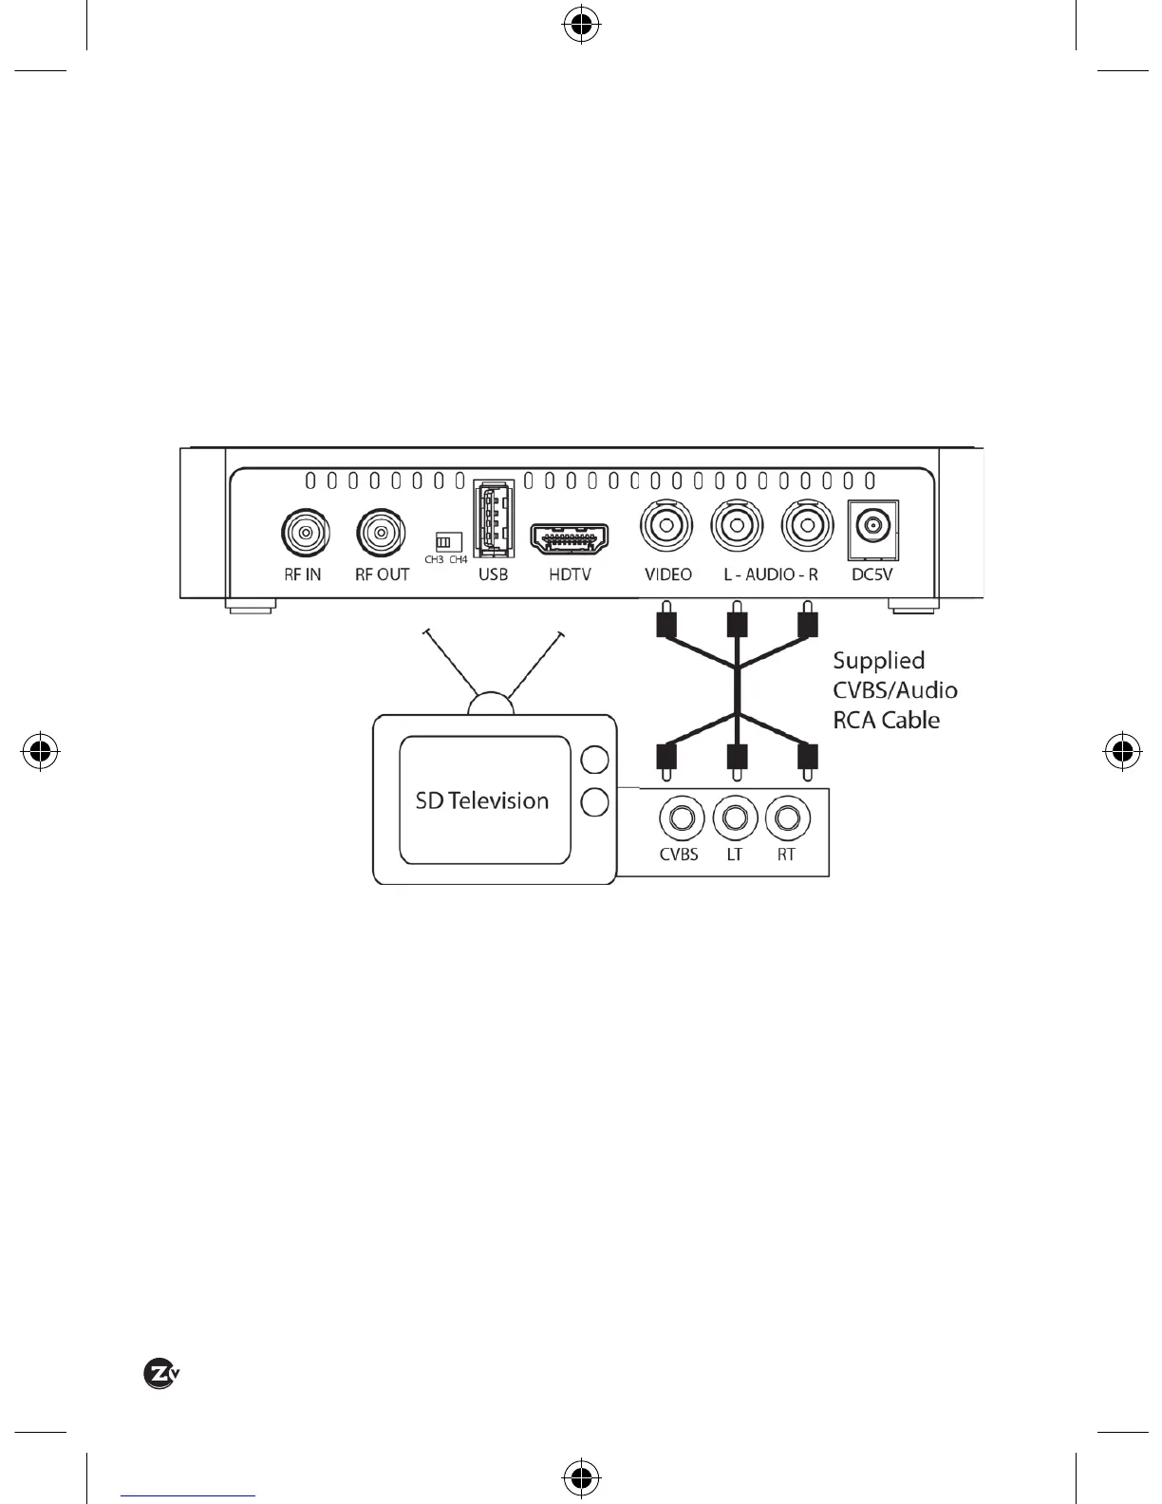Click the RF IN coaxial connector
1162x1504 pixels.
305,534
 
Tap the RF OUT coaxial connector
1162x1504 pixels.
381,534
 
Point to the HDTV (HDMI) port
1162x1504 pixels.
570,539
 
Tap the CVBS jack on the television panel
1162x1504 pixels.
680,818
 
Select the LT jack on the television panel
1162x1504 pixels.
734,818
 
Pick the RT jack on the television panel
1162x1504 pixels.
785,818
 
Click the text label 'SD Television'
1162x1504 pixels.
482,800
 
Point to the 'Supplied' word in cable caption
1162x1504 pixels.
878,661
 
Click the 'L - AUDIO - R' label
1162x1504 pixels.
770,574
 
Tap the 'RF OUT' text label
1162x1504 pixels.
382,574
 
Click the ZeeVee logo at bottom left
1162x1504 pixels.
161,1374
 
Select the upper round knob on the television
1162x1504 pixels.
594,760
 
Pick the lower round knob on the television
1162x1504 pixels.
594,802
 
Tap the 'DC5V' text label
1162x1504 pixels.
871,574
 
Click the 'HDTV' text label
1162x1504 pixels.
570,574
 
